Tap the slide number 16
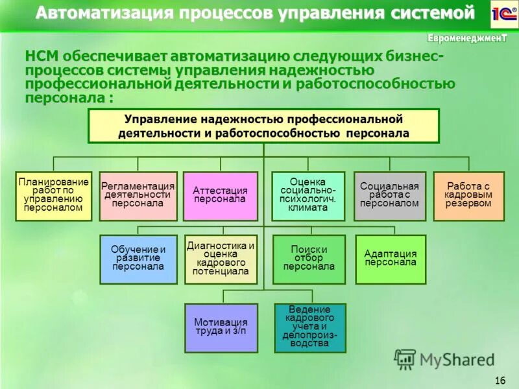tap(500, 379)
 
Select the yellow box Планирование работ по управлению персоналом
tap(53, 196)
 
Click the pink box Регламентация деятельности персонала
tap(138, 196)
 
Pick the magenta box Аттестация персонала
tap(220, 196)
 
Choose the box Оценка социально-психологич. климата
tap(308, 196)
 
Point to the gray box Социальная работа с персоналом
tap(389, 196)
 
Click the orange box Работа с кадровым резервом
tap(468, 196)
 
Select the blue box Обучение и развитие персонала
tap(138, 259)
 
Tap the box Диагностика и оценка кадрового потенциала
tap(220, 259)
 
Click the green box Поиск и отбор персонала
tap(308, 259)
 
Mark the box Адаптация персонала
tap(390, 259)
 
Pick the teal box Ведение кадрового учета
tap(310, 327)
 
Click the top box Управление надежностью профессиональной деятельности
tap(263, 126)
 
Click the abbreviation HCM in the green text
tap(41, 57)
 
